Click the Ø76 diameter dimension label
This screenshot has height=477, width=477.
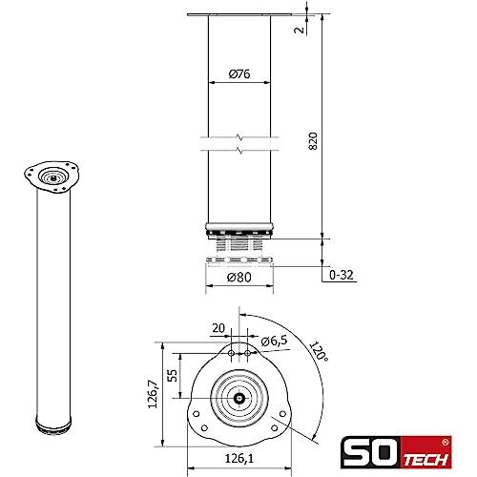tap(239, 74)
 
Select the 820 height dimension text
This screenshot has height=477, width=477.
tap(313, 141)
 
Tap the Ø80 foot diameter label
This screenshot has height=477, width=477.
tap(239, 277)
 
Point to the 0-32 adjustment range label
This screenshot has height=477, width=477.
tap(342, 275)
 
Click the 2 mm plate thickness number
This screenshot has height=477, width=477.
tap(300, 31)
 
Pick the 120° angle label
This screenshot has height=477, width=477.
tap(319, 351)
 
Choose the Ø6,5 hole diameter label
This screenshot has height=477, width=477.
tap(274, 341)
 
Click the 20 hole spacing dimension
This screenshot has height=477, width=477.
tap(218, 328)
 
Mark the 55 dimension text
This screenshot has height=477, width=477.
tap(172, 376)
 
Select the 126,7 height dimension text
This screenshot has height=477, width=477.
tap(153, 394)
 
